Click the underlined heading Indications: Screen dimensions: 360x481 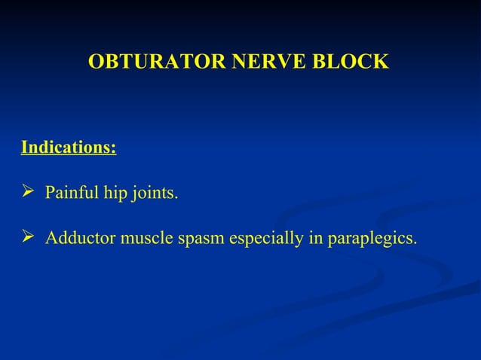68,146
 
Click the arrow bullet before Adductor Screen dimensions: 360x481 28,239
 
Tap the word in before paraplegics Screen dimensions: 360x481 314,239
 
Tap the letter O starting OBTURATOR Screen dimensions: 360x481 96,62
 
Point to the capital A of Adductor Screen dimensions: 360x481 51,239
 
